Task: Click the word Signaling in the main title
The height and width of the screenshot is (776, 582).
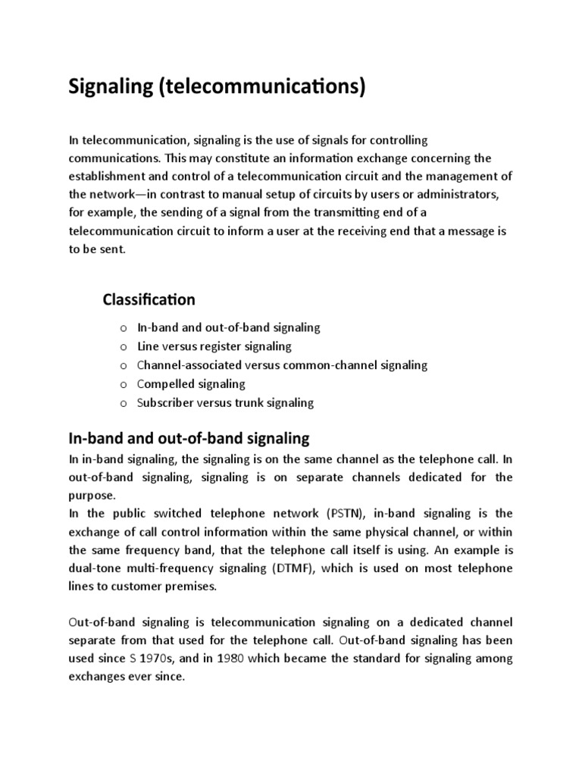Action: click(109, 87)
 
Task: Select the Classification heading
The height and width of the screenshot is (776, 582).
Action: click(149, 299)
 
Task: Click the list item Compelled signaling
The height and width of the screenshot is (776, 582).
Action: click(191, 384)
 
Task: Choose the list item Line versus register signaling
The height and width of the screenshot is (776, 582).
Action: click(214, 346)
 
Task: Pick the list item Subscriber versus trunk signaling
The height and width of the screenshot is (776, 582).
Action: click(225, 403)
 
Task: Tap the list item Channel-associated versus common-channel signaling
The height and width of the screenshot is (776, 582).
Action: click(282, 365)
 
